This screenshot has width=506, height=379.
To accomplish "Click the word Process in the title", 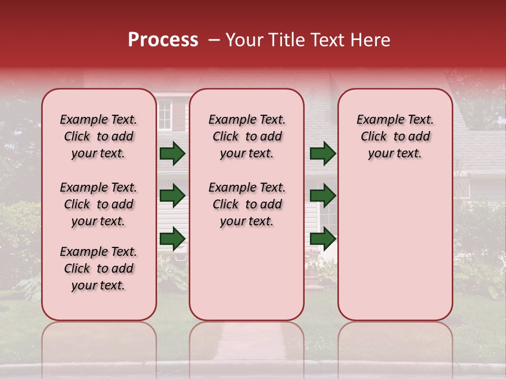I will [163, 40].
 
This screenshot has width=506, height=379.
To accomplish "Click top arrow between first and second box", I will [172, 154].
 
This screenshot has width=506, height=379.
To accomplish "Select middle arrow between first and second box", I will [172, 196].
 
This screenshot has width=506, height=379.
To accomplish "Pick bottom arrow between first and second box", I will [172, 238].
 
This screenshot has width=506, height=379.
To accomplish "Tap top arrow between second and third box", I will [323, 154].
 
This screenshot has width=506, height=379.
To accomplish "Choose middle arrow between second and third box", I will [323, 196].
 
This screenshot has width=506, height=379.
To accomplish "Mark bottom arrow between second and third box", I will [323, 238].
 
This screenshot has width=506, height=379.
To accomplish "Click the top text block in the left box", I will [99, 136].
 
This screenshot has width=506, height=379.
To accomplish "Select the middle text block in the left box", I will [99, 204].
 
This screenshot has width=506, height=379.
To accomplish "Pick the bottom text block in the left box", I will [99, 268].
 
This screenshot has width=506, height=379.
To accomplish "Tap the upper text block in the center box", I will [247, 136].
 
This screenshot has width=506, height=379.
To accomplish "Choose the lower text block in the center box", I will [247, 204].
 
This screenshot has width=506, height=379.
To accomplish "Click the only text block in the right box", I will [395, 136].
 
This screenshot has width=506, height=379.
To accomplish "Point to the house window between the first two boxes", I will [165, 116].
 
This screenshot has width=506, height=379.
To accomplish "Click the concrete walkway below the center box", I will [247, 342].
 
